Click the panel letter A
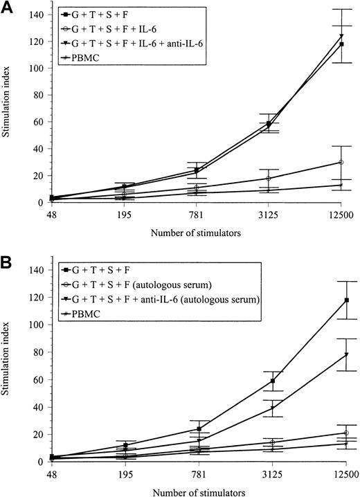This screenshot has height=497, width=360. [8, 6]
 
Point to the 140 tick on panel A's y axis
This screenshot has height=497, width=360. [26, 15]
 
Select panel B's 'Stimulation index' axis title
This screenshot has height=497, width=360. [8, 365]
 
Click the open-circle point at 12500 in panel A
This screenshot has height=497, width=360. [341, 162]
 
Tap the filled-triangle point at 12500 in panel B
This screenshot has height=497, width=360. [341, 354]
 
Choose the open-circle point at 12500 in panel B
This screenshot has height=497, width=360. [341, 433]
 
